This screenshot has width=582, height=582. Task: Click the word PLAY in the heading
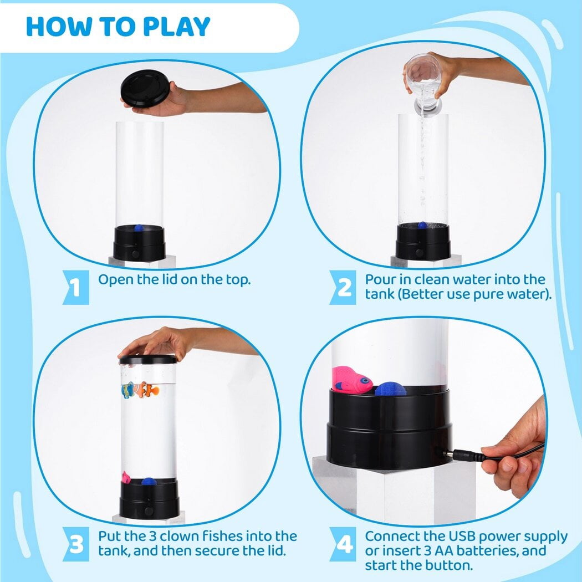click(176, 27)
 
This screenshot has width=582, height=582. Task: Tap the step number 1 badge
click(76, 287)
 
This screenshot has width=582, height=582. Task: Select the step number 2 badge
click(343, 287)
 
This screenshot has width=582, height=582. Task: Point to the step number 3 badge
click(76, 544)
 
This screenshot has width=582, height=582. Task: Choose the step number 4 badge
click(343, 544)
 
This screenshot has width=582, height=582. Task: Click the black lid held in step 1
click(145, 88)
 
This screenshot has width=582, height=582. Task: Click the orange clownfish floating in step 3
click(148, 390)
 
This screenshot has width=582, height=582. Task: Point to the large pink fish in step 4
click(351, 380)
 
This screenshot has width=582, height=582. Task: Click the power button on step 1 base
click(135, 254)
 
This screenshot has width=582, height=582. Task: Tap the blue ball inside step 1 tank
click(138, 227)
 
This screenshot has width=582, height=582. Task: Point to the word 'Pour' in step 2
click(380, 279)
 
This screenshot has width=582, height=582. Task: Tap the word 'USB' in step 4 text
click(462, 537)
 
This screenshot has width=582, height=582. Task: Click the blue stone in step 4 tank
click(390, 389)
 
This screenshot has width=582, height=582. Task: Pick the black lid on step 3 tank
click(148, 359)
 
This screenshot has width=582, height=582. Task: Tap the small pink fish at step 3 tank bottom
click(126, 477)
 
